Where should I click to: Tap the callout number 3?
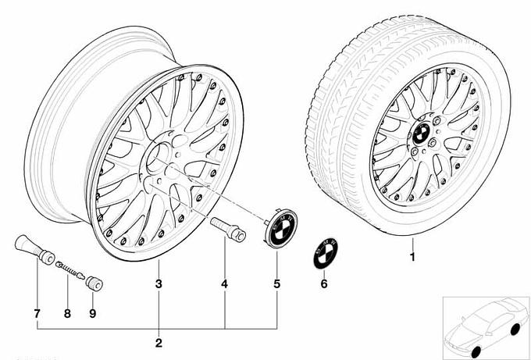[x=158, y=285]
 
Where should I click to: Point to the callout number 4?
[x=224, y=285]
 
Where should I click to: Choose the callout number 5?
[x=276, y=285]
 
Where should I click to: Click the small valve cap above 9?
[x=94, y=280]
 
